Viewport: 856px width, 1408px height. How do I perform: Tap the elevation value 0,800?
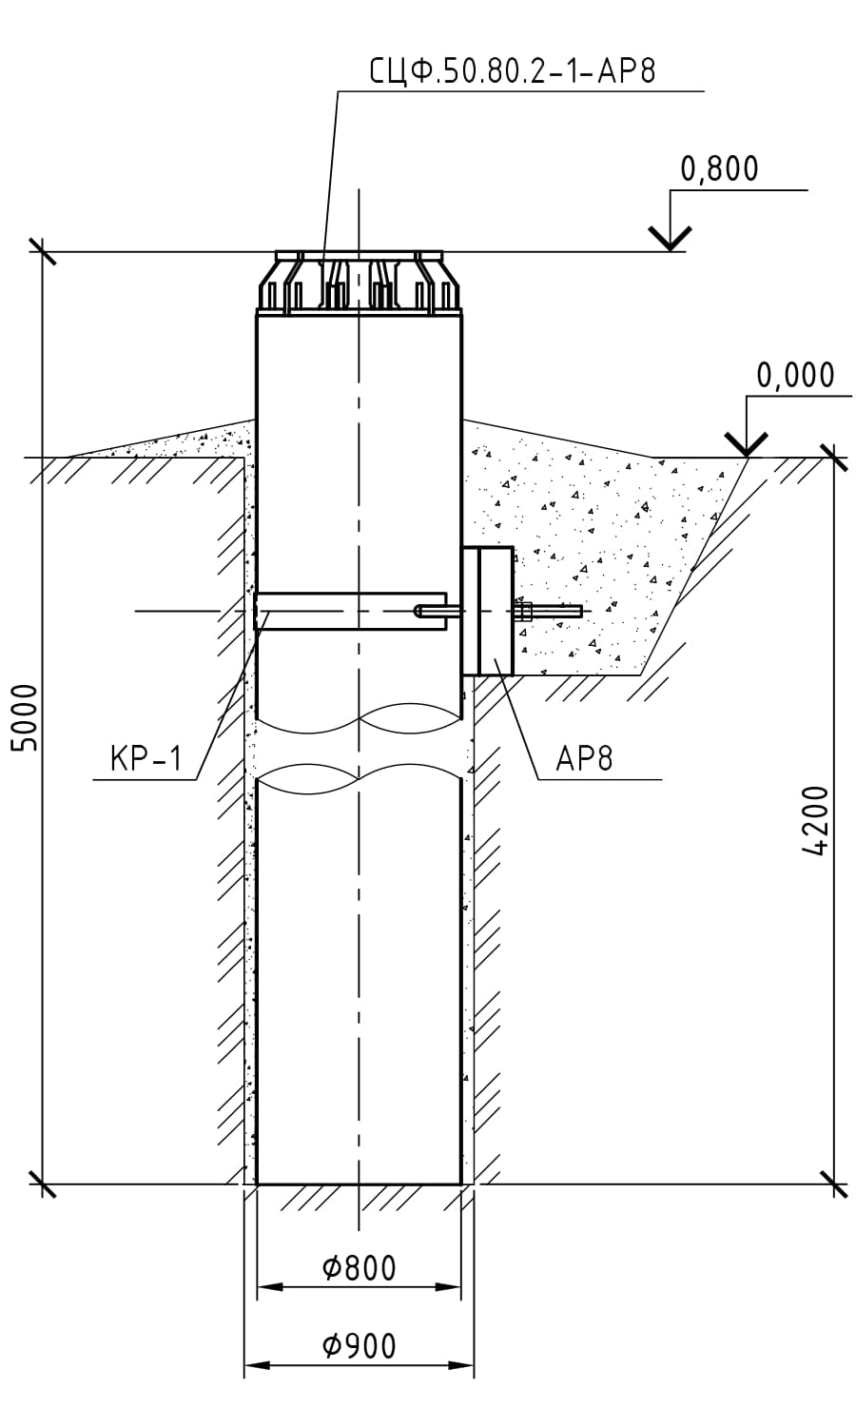coord(719,168)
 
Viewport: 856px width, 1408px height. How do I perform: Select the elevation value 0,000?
coord(795,376)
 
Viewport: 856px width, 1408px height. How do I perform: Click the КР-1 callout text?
coord(146,759)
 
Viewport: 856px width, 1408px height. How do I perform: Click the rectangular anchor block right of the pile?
coord(487,611)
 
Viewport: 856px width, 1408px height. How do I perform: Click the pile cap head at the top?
coord(359,283)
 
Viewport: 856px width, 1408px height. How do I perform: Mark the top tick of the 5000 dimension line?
coord(42,252)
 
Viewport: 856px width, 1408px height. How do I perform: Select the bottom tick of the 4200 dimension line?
coord(833,1184)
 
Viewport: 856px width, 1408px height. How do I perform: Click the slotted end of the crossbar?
coord(430,610)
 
